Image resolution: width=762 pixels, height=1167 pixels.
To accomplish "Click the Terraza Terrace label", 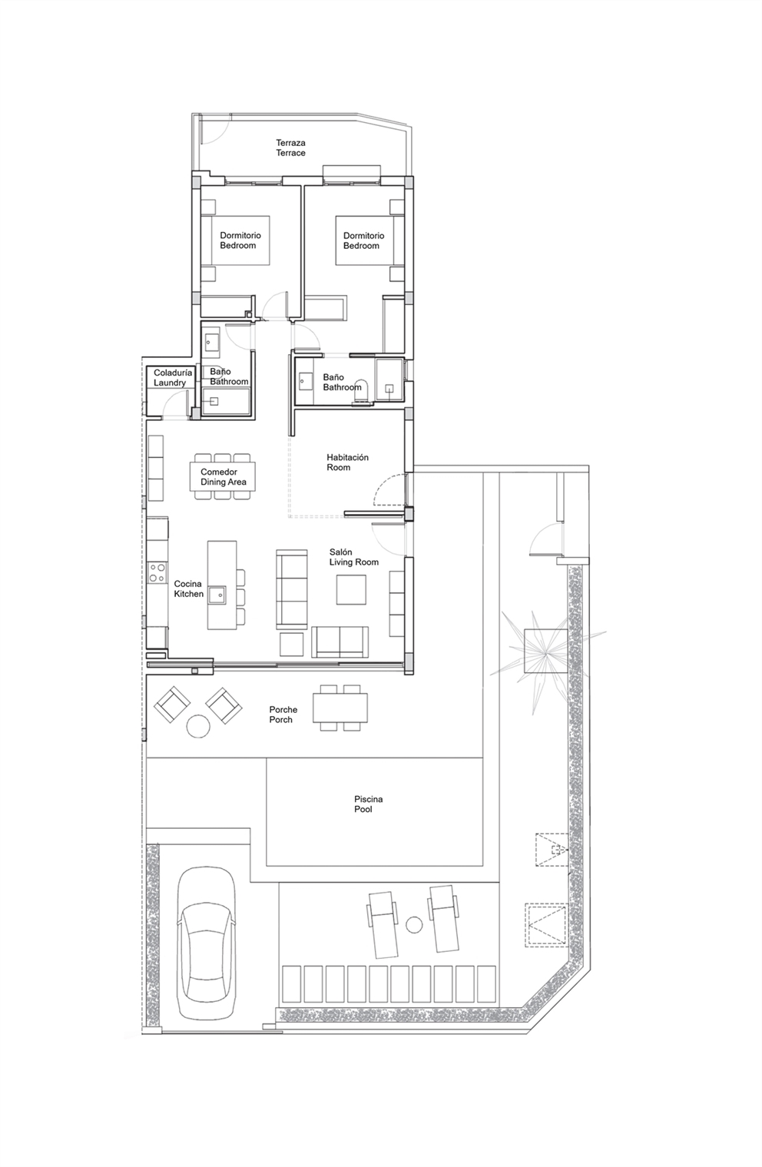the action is [290, 148].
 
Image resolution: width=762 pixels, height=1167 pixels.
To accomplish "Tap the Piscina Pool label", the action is [368, 804].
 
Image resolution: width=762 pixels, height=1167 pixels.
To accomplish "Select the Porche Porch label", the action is [283, 714].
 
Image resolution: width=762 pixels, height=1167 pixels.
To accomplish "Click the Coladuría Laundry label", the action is [173, 378].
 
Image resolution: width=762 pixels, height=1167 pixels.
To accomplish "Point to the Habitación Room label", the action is [347, 462].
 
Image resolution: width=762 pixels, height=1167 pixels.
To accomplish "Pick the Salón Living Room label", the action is [353, 557].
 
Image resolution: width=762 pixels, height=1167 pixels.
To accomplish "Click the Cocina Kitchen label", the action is [188, 588].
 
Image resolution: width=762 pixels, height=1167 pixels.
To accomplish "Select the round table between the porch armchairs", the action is [198, 726].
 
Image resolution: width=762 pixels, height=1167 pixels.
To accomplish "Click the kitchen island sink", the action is [217, 595].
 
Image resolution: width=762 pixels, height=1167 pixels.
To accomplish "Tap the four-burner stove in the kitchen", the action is [157, 572].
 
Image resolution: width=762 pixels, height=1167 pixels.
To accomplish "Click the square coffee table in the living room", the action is [351, 589].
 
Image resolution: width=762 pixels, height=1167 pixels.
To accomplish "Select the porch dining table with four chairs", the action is [340, 708].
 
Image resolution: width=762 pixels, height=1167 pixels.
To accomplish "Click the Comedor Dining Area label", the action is [224, 476].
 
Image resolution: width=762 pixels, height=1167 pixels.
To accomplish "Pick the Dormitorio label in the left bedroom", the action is [240, 235].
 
